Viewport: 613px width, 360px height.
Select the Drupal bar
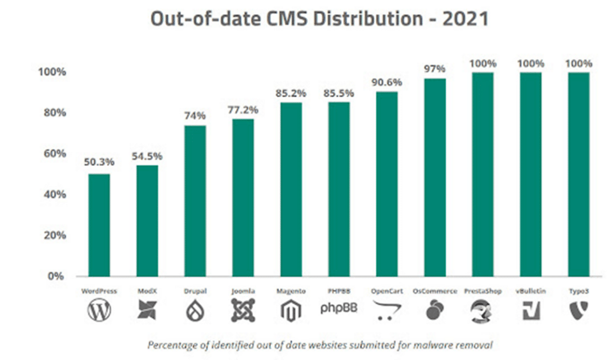pos(195,201)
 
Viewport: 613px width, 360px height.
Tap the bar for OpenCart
pos(387,184)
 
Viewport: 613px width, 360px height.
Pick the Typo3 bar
pos(579,174)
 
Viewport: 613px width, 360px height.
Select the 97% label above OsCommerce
pos(435,69)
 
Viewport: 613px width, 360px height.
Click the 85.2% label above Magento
pos(291,93)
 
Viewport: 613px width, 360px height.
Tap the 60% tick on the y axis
pos(53,154)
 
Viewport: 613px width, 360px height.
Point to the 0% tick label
pos(56,277)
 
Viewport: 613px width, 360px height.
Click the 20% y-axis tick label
pos(53,235)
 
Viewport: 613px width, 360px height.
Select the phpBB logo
pos(339,310)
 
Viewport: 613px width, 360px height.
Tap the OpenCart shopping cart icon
pos(387,310)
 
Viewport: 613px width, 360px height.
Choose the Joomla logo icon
pos(243,310)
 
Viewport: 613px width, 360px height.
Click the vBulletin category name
pos(530,291)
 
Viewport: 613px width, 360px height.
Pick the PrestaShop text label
pos(482,291)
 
